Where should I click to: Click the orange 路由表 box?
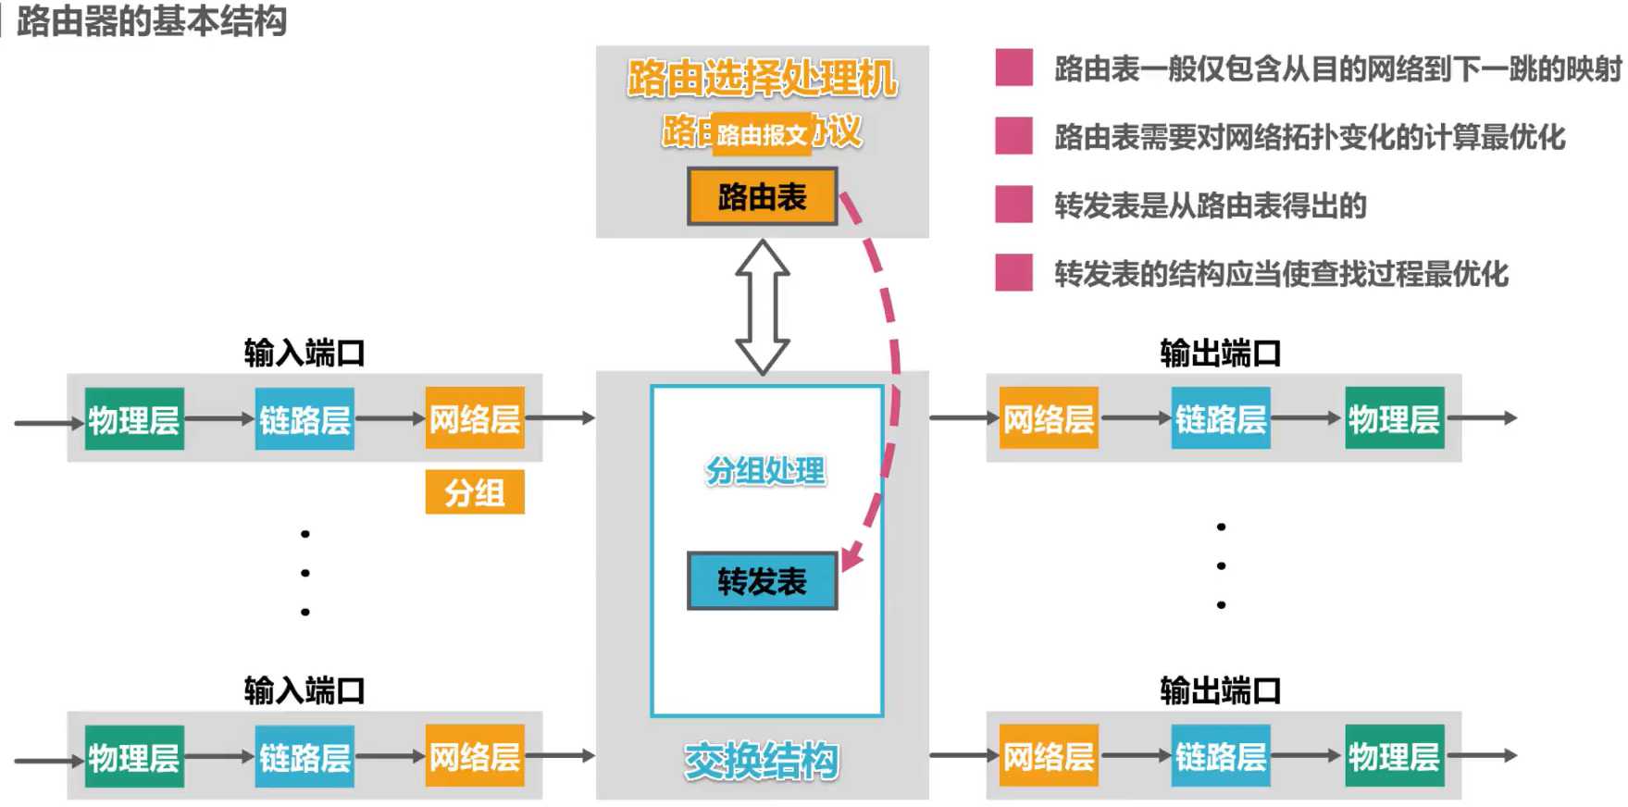[x=762, y=196]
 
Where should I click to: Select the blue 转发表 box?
[x=762, y=581]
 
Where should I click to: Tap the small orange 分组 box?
[x=475, y=492]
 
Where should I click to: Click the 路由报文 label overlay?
[x=763, y=135]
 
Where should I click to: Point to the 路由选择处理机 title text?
[x=762, y=79]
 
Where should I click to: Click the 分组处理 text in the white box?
[x=765, y=471]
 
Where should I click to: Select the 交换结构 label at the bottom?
[x=761, y=761]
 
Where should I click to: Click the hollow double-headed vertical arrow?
[x=762, y=306]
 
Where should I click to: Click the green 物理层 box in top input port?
[x=134, y=419]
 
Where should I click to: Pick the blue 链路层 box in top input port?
[x=304, y=419]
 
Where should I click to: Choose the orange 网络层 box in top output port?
[x=1049, y=419]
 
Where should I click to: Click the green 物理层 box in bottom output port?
[x=1394, y=756]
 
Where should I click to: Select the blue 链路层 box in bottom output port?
[x=1221, y=756]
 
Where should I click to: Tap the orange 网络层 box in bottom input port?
[x=475, y=756]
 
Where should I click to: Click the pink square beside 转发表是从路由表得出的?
[x=1013, y=205]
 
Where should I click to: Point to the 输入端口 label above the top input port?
[x=304, y=353]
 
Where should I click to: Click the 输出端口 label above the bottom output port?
[x=1220, y=690]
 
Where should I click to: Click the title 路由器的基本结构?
[x=152, y=20]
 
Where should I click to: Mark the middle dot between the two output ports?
[x=1221, y=565]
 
